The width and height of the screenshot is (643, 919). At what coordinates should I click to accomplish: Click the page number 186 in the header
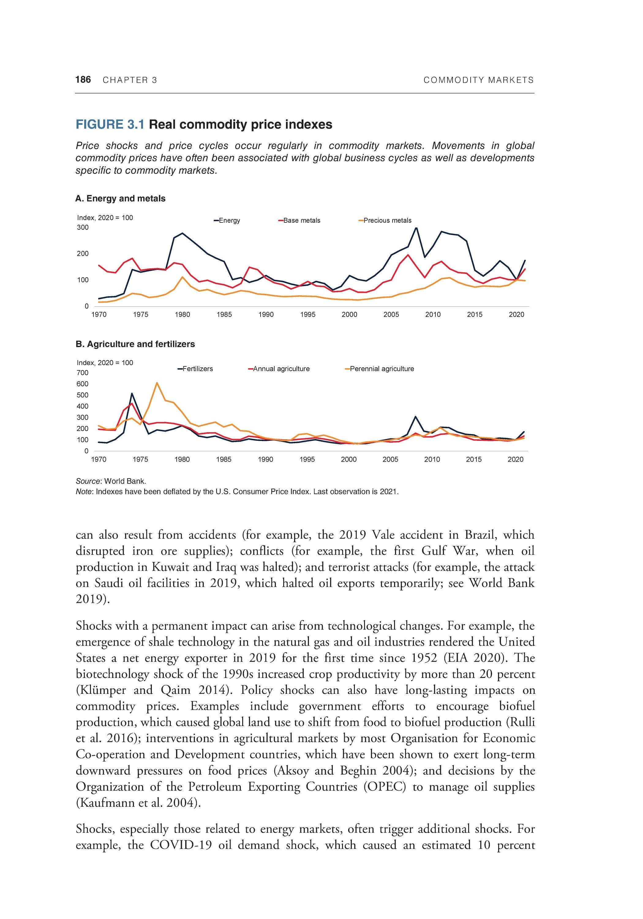coord(83,80)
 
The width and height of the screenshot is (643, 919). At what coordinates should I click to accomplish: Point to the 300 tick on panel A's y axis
coord(83,227)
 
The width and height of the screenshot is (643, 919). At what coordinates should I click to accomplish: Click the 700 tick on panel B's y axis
coord(83,373)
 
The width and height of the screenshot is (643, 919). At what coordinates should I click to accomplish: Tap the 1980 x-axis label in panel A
coord(182,315)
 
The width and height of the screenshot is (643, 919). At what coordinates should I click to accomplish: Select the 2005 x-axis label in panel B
coord(390,459)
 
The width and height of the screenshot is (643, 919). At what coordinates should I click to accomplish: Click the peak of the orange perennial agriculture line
coord(157,383)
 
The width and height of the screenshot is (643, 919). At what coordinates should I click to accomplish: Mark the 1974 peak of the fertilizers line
coord(132,393)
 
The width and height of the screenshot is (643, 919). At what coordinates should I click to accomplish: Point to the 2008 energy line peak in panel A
coord(416,228)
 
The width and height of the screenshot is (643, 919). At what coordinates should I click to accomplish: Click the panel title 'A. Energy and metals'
coord(120,199)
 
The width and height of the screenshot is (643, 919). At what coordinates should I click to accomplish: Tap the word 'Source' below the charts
coord(88,481)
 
